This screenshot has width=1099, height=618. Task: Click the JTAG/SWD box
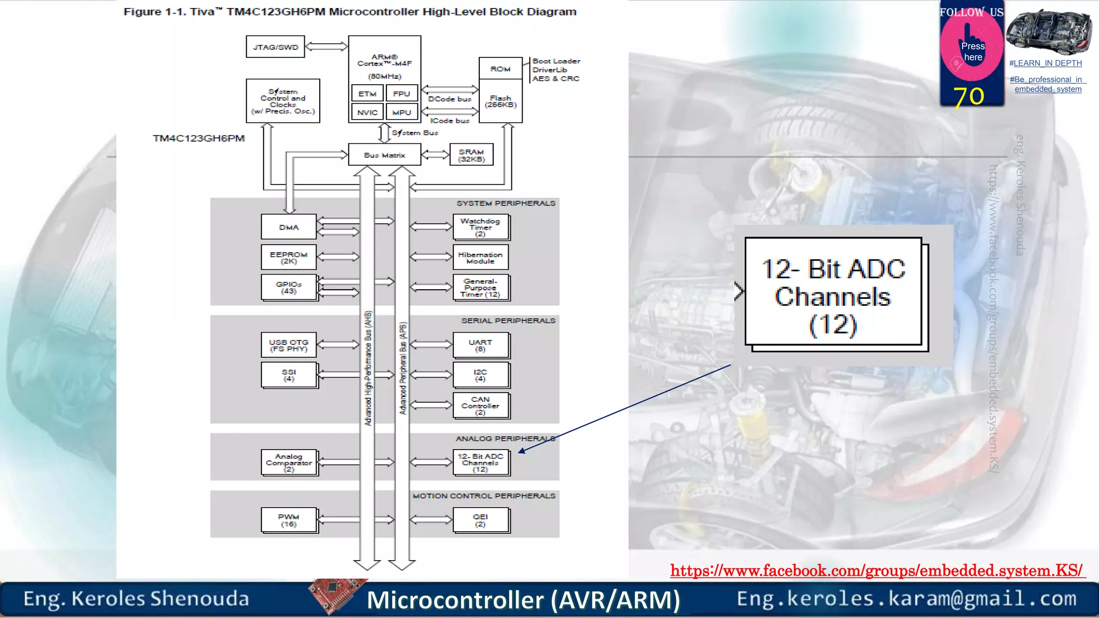(x=275, y=47)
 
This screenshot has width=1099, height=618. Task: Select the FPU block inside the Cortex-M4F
(x=401, y=94)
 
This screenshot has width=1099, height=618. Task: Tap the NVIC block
(x=368, y=112)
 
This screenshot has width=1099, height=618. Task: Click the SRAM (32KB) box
(x=471, y=155)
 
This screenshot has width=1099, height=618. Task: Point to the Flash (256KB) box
(x=500, y=101)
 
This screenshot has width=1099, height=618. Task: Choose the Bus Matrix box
(x=384, y=155)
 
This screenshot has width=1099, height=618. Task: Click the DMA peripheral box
(x=289, y=227)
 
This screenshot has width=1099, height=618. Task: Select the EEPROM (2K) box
(x=289, y=257)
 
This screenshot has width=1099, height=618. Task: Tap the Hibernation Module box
(x=480, y=257)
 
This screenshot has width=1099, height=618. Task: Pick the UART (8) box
(x=480, y=345)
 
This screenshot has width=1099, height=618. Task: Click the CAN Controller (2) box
(x=480, y=406)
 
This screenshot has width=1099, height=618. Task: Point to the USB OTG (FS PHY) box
(x=289, y=345)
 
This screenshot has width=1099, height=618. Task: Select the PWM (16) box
(x=289, y=520)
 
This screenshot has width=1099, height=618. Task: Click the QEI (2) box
(x=480, y=520)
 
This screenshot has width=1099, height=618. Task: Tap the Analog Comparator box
(x=289, y=462)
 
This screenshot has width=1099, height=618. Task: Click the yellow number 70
(x=969, y=97)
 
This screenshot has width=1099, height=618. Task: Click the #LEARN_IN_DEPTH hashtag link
(x=1045, y=63)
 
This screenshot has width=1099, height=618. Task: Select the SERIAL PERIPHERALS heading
(x=508, y=321)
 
